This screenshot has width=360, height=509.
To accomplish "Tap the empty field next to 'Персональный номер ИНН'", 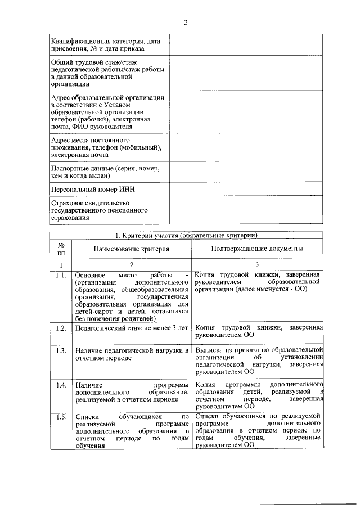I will pyautogui.click(x=246, y=190).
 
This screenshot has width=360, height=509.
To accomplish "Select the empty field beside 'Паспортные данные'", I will pyautogui.click(x=246, y=172).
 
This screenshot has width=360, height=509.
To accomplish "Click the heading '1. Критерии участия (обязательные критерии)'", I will pyautogui.click(x=186, y=235).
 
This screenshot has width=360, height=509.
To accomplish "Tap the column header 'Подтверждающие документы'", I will pyautogui.click(x=257, y=248).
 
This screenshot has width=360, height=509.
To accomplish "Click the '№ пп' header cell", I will pyautogui.click(x=61, y=249).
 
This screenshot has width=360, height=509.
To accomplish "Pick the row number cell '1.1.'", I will pyautogui.click(x=61, y=275).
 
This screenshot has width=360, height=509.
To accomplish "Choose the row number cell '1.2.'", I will pyautogui.click(x=61, y=328).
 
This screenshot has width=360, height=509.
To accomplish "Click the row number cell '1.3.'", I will pyautogui.click(x=61, y=350).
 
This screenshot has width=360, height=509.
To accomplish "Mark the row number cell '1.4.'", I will pyautogui.click(x=61, y=385).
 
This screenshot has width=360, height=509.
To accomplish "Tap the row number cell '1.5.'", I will pyautogui.click(x=61, y=417).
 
